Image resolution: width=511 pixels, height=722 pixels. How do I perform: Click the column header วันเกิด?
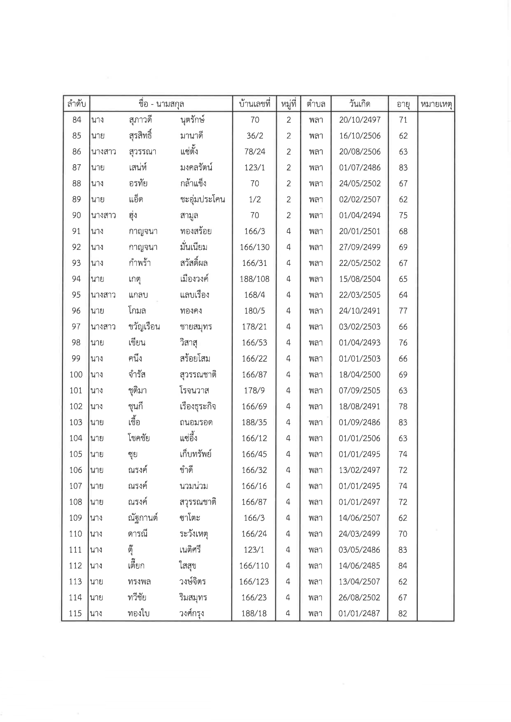coord(359,104)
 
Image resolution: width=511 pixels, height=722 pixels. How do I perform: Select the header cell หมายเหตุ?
coord(436,104)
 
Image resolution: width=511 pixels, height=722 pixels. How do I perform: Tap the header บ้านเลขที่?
coord(254,104)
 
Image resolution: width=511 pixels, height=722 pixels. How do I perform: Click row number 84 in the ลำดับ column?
coord(76,120)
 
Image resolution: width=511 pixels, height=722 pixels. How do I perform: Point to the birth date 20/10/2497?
coord(360,120)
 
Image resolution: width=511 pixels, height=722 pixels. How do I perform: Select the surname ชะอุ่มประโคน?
coord(202,200)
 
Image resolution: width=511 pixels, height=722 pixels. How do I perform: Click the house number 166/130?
coord(254,247)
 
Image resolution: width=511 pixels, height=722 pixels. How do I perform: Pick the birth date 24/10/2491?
coord(360,311)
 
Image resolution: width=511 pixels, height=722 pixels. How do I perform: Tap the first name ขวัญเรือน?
coord(144,327)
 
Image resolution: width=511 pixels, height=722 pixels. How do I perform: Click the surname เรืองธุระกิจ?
coord(198,407)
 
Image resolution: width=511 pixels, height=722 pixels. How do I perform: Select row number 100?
coord(76,375)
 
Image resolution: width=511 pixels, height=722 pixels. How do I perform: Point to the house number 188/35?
coord(254,422)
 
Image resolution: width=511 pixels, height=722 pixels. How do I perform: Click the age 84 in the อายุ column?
coord(403,566)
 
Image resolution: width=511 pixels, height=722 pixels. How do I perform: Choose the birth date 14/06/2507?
coord(360,518)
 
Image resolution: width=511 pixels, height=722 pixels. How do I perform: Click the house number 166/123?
coord(254,582)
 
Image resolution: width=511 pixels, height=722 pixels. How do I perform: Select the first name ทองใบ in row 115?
coord(138,613)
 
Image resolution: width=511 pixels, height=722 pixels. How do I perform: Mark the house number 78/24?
coord(254,152)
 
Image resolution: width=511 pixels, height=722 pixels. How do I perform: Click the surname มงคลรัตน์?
coord(196,168)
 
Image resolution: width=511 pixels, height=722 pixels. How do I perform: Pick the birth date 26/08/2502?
coord(360,597)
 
